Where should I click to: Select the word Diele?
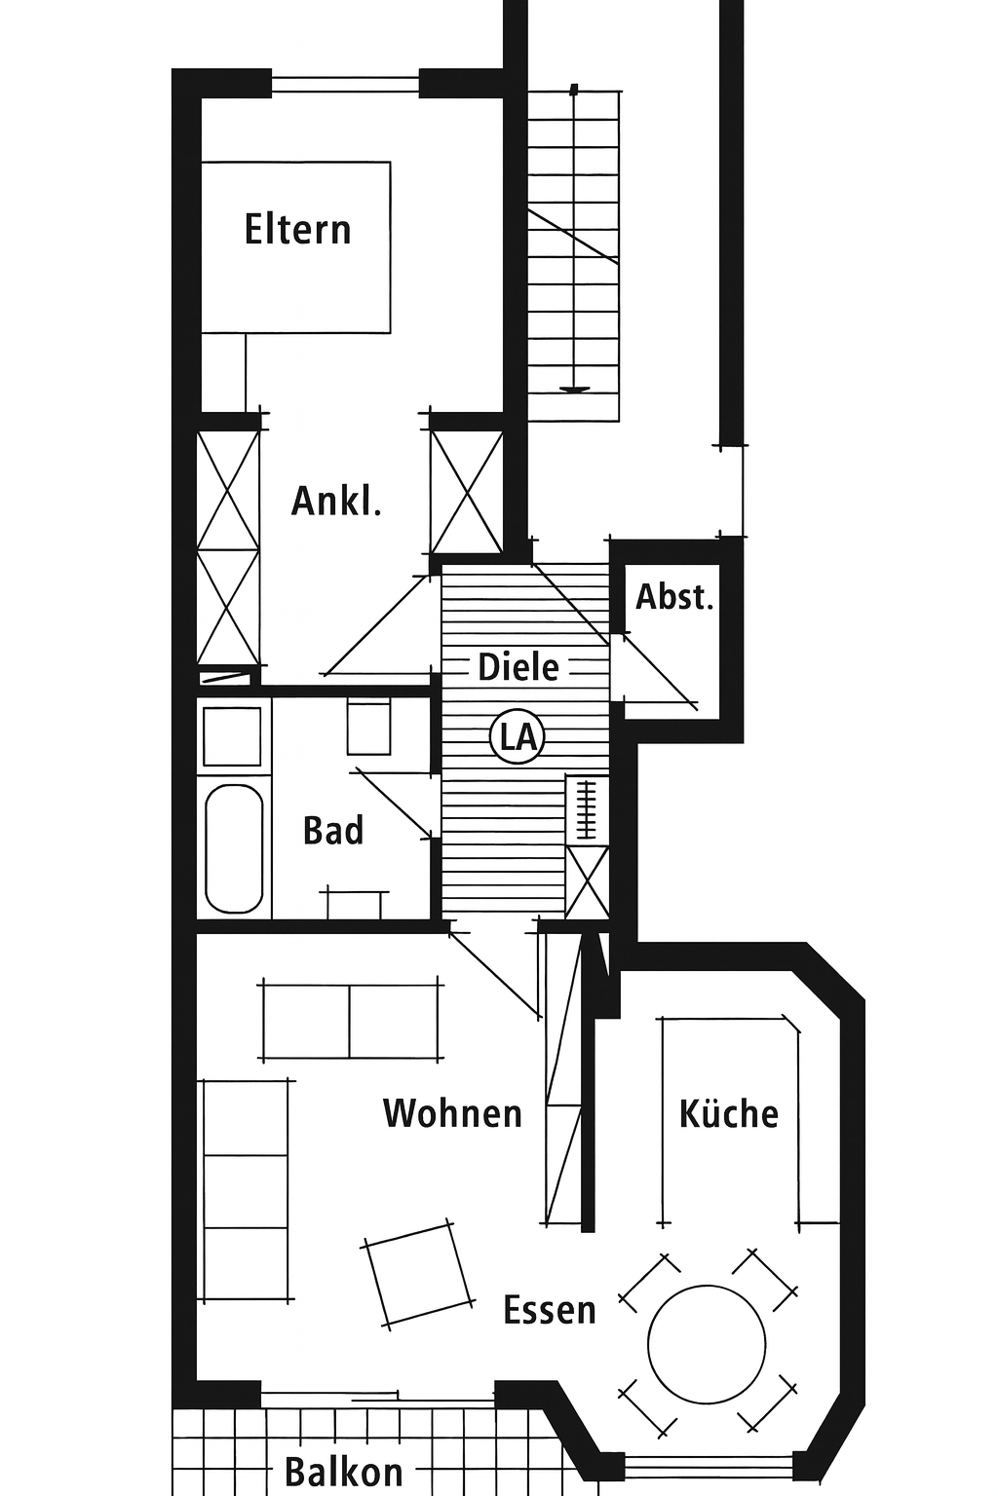click(518, 667)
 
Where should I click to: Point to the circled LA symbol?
click(518, 738)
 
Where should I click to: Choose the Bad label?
click(333, 830)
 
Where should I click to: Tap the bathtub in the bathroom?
click(233, 848)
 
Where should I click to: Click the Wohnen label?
click(452, 1113)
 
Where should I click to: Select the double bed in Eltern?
click(296, 247)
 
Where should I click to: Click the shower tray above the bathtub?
click(232, 736)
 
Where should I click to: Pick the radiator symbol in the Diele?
click(587, 808)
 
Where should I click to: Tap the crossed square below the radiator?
click(587, 881)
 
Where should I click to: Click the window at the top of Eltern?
click(346, 84)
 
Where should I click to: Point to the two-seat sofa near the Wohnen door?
click(350, 1020)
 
